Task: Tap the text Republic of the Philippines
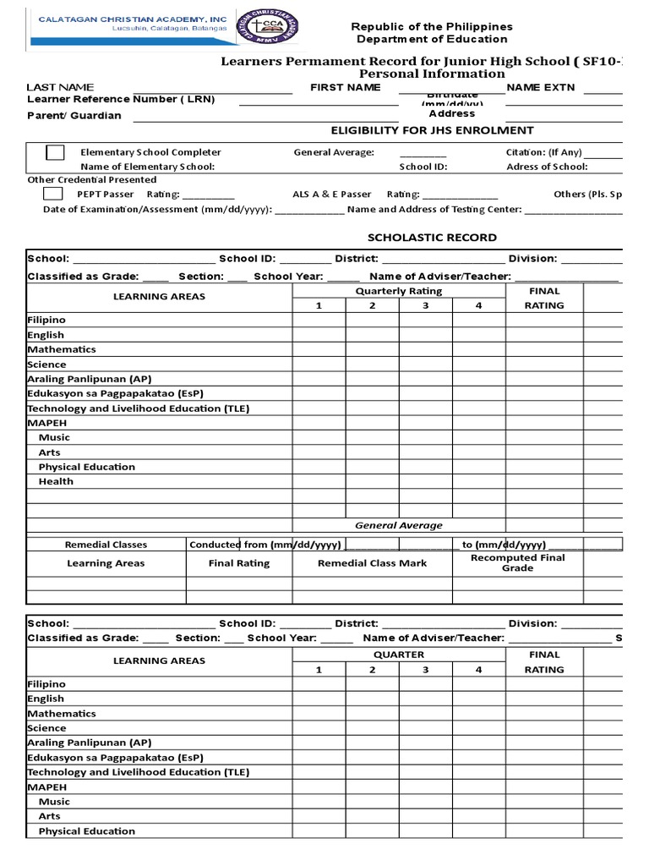pyautogui.click(x=432, y=26)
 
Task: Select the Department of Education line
pyautogui.click(x=432, y=39)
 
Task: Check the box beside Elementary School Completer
pyautogui.click(x=55, y=152)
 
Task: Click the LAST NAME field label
pyautogui.click(x=60, y=87)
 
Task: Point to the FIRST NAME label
pyautogui.click(x=346, y=87)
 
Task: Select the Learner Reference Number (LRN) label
pyautogui.click(x=121, y=100)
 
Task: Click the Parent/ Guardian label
pyautogui.click(x=74, y=116)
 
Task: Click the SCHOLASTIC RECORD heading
pyautogui.click(x=431, y=238)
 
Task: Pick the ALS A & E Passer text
pyautogui.click(x=331, y=195)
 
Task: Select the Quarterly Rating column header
pyautogui.click(x=399, y=291)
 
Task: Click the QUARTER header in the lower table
pyautogui.click(x=399, y=655)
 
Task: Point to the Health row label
pyautogui.click(x=56, y=481)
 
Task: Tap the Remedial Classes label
pyautogui.click(x=106, y=545)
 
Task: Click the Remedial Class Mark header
pyautogui.click(x=372, y=563)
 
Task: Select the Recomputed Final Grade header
pyautogui.click(x=518, y=563)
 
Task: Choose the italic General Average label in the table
pyautogui.click(x=398, y=525)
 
